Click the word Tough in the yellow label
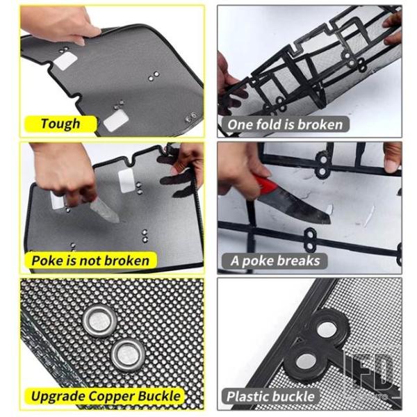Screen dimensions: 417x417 (x=60, y=124)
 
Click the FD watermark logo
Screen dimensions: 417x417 (x=370, y=375)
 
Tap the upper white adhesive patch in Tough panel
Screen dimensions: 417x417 (x=65, y=61)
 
